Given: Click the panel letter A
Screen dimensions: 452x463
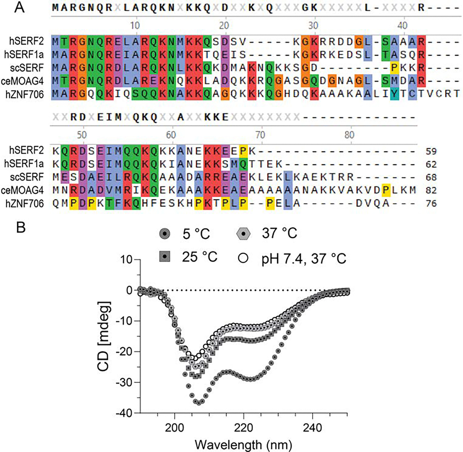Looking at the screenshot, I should (19, 7).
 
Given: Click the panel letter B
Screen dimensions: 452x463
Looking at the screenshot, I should (20, 227).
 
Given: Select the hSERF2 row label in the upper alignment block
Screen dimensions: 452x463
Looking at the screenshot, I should (26, 41).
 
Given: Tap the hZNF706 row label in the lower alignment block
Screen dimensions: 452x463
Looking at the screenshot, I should (25, 203).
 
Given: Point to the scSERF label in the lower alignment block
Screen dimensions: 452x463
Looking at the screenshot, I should (27, 177).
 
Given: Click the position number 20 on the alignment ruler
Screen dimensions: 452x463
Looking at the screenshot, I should (224, 26).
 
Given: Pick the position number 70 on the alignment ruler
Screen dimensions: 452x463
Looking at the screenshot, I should (260, 135).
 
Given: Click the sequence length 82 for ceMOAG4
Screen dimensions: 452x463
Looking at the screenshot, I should (431, 190).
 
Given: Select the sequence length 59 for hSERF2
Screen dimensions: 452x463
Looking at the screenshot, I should (431, 151).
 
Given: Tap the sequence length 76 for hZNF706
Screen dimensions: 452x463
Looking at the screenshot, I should (431, 203).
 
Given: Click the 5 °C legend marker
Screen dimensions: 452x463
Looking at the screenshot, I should (164, 234).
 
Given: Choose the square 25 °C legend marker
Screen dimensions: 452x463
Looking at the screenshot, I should (164, 257).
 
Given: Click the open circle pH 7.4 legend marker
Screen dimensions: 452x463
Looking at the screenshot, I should (243, 258).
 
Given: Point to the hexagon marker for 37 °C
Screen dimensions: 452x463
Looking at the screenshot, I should (243, 234).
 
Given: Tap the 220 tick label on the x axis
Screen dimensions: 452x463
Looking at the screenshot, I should (244, 428).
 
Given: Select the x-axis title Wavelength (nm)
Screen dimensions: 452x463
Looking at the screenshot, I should (243, 445).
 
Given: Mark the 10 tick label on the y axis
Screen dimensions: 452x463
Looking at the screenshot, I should (126, 260).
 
